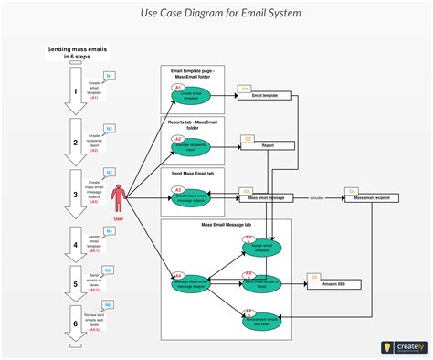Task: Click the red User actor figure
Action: (117, 199)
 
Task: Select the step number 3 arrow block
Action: (76, 194)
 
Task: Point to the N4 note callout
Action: (109, 231)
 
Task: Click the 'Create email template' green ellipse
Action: (191, 95)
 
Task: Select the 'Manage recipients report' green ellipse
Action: (191, 145)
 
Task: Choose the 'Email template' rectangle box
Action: (264, 95)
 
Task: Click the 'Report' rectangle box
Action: (267, 144)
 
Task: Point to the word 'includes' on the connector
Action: (316, 196)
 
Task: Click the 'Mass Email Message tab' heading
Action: (227, 224)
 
